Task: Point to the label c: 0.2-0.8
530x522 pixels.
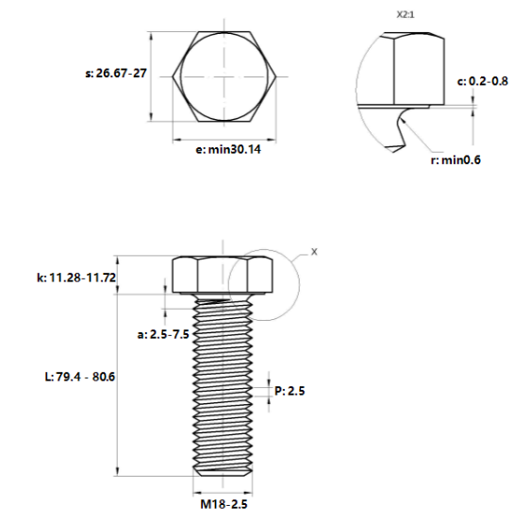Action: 482,81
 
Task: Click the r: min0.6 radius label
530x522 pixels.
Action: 455,160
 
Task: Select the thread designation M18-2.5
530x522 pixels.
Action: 223,505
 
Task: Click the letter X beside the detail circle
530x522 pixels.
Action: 315,252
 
